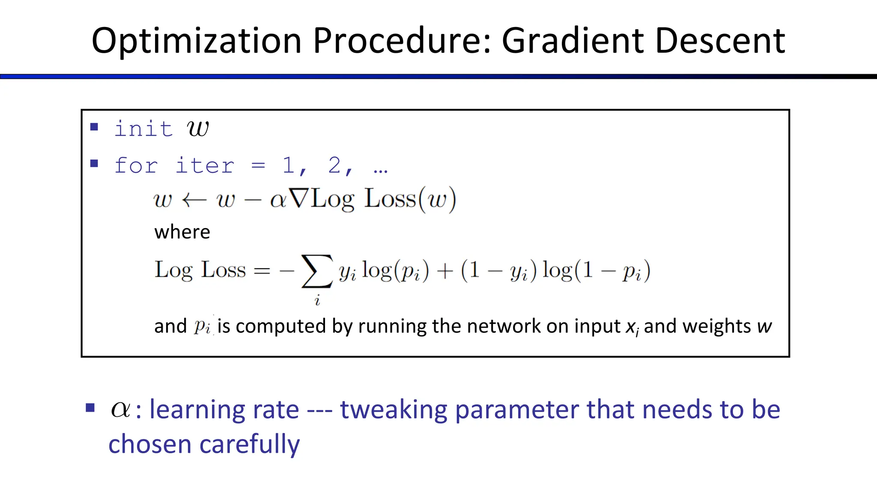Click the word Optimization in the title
click(x=197, y=41)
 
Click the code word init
click(x=143, y=129)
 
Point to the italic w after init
click(x=198, y=128)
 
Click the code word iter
click(x=205, y=166)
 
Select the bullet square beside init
click(x=95, y=127)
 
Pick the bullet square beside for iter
click(x=95, y=163)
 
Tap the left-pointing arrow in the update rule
click(x=194, y=200)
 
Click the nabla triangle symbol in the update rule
click(x=298, y=199)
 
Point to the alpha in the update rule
click(x=278, y=200)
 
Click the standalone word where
click(x=182, y=232)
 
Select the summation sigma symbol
click(x=317, y=271)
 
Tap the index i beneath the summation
click(x=317, y=301)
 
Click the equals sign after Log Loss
click(x=262, y=271)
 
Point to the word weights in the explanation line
click(x=716, y=326)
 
